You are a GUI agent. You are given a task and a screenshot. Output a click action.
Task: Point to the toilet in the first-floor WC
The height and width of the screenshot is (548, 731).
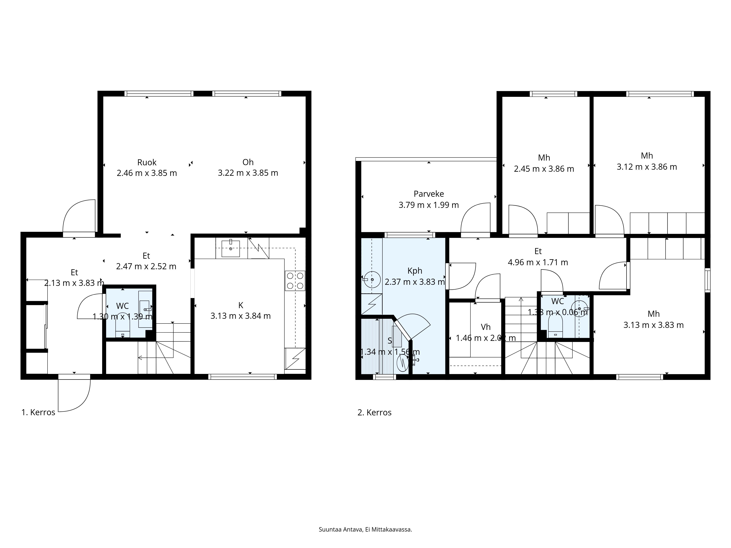coord(123,324)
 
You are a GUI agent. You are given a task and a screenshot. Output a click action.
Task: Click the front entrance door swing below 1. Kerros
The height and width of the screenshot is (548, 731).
coord(74,395)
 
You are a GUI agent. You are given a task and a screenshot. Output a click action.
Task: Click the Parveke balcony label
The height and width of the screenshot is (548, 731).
coord(429,194)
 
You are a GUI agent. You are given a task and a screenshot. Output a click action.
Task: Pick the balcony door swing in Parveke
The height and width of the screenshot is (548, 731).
coord(475,218)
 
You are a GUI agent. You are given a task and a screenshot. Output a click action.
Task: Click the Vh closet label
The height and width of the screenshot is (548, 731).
coord(485,327)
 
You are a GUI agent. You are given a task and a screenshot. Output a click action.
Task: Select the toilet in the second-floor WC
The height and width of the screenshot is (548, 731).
coord(555,325)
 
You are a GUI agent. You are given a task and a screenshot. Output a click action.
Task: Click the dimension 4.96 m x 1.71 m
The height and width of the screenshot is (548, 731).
coord(538,262)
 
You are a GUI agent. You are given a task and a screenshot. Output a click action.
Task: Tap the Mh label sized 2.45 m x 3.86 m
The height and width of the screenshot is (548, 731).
coord(544,158)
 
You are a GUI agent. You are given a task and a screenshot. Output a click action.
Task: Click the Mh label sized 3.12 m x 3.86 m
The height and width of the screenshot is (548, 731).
coord(647,156)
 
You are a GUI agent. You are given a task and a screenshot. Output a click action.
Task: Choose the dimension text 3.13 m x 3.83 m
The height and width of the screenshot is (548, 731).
coord(653,325)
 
